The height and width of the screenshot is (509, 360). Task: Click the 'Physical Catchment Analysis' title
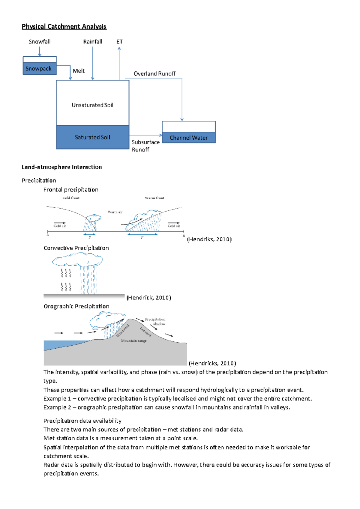click(64, 26)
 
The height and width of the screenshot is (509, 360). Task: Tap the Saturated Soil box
click(92, 137)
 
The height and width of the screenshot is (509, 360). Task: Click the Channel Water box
click(189, 138)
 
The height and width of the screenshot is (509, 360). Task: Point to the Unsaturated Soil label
click(92, 105)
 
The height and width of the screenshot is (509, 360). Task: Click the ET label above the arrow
click(119, 42)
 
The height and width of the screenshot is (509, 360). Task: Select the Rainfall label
click(93, 42)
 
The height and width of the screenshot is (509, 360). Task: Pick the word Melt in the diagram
click(79, 71)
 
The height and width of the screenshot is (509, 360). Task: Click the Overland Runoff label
click(154, 74)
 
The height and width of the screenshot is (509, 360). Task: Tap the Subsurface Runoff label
click(145, 146)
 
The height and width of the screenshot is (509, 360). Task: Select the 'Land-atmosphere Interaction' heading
click(61, 167)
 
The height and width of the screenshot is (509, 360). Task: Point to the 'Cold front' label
click(71, 198)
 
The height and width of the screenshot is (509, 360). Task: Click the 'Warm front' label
click(154, 198)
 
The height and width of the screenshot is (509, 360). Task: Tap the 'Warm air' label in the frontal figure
click(115, 212)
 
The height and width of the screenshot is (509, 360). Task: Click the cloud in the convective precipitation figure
click(77, 259)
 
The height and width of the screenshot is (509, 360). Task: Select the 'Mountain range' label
click(134, 341)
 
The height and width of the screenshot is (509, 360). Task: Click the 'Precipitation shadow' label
click(155, 321)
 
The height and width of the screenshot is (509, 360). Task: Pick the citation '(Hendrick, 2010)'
click(148, 298)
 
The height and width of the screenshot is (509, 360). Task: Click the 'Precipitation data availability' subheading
click(82, 421)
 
